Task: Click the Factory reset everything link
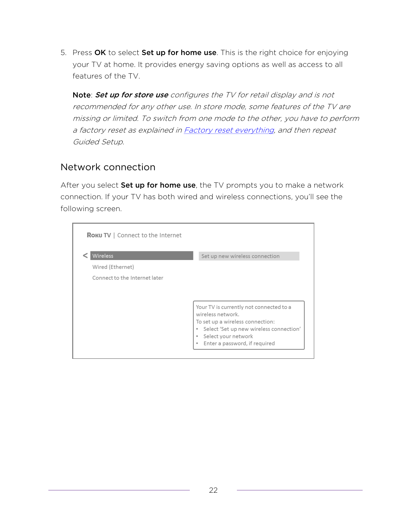coord(229,130)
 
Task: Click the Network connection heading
coord(108,167)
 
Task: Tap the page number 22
coord(213,490)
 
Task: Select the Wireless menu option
coord(142,256)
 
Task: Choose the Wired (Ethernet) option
coord(113,267)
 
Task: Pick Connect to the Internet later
coord(128,278)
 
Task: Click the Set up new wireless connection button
coord(249,256)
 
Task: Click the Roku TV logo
coord(99,235)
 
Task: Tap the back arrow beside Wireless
coord(85,256)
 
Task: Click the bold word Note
coord(82,95)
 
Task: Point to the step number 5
coord(64,53)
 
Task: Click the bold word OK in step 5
coord(100,53)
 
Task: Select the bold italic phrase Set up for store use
coord(132,95)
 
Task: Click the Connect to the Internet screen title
coord(149,235)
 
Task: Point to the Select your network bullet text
coord(228,336)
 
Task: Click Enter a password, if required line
coord(239,344)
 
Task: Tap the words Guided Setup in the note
coord(98,142)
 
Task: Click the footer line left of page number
coord(119,490)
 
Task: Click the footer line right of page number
coord(299,490)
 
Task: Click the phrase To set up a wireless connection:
coord(235,322)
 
